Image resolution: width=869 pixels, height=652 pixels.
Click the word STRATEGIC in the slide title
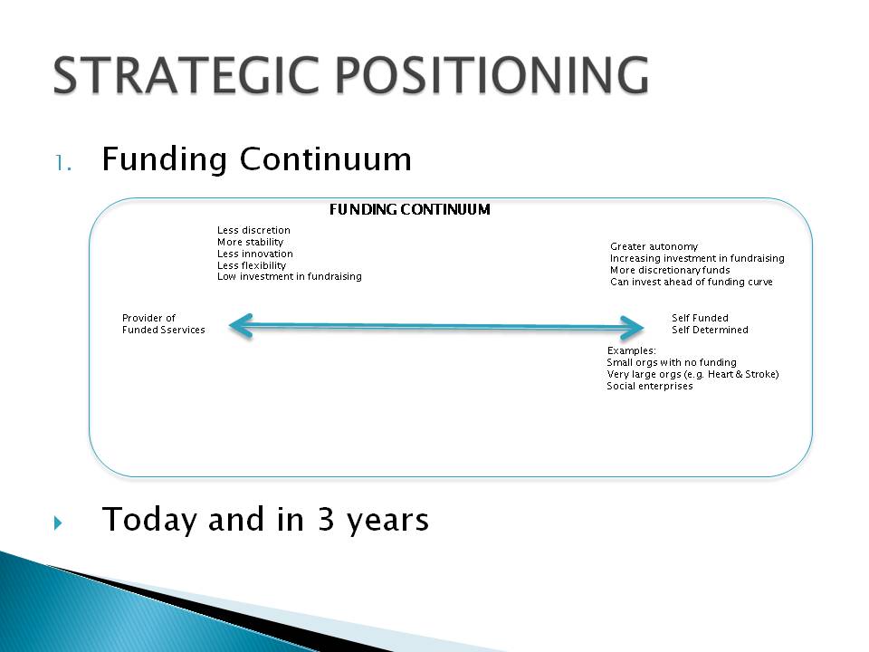point(186,75)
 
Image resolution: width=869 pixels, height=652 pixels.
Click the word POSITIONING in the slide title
point(492,75)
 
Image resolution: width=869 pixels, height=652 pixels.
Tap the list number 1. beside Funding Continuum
point(63,163)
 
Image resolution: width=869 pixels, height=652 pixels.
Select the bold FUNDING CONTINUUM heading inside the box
point(409,209)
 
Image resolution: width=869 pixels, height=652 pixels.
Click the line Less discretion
point(253,230)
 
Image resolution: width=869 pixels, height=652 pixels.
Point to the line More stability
point(250,242)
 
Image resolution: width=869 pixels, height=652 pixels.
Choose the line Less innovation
point(255,254)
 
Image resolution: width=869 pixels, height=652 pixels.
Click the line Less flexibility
point(252,265)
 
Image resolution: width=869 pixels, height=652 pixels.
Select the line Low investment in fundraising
point(290,276)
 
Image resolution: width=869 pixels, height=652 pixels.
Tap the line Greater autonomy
point(654,246)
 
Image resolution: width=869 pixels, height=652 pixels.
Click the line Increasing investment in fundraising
point(697,258)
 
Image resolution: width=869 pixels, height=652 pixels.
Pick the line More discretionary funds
point(670,270)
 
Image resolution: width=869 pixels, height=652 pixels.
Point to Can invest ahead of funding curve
point(691,282)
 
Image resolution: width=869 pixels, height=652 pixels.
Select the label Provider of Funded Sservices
point(164,324)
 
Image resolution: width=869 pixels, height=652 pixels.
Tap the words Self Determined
point(710,330)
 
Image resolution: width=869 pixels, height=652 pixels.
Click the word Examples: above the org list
point(631,350)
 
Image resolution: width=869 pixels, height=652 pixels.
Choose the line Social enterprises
point(650,386)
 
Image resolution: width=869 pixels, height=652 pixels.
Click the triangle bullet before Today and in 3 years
point(58,523)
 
